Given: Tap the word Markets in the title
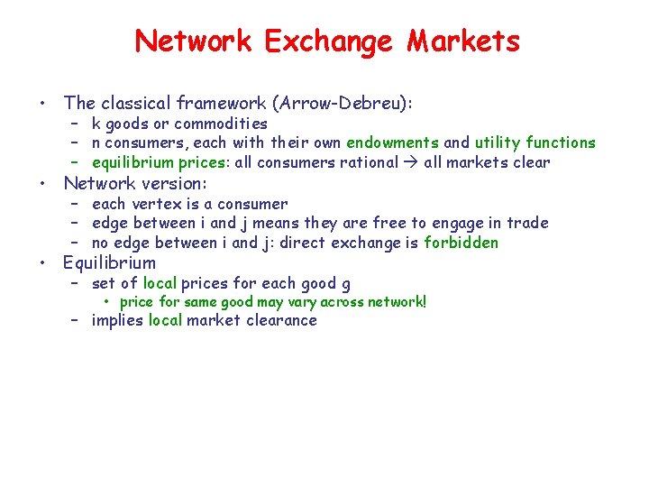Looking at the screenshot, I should point(463,41).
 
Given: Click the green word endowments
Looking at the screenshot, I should point(393,142).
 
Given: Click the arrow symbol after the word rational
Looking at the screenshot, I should point(410,162).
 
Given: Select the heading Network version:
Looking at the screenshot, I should point(135,183).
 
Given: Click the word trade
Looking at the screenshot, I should point(527,223).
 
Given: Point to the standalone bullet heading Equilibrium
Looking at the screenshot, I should point(109,263).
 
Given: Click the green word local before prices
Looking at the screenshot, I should point(160,283).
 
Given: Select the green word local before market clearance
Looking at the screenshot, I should point(165,320).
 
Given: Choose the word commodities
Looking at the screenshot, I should point(221,124).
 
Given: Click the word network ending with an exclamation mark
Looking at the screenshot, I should point(392,301).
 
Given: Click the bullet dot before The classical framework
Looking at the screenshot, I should point(43,104).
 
